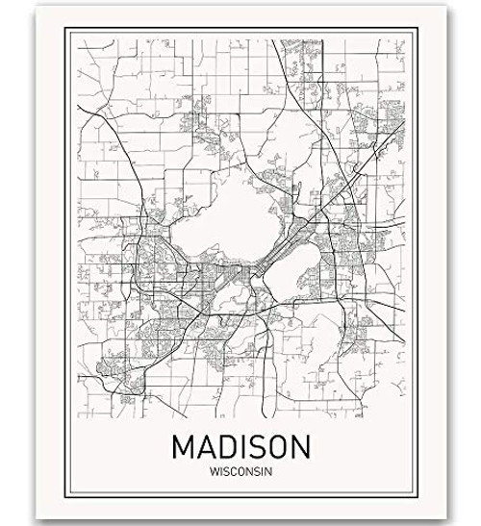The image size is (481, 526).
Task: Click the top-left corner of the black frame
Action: point(66,29)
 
